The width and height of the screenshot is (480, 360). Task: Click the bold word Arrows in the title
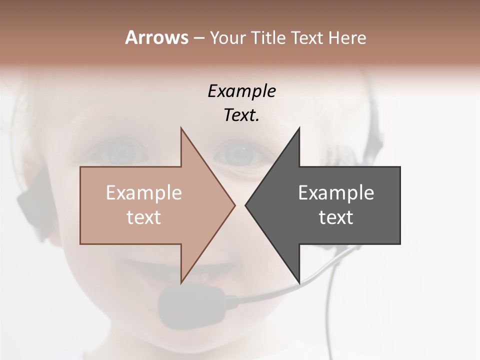point(156,37)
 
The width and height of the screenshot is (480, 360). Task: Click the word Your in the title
point(227,38)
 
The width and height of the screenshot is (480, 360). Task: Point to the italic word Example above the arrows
point(241,91)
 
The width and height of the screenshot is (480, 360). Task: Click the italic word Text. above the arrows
point(241,115)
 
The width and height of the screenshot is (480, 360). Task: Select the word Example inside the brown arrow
point(143,192)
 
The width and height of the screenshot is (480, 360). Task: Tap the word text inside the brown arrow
point(143,217)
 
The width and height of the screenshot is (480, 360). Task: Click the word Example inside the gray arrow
point(336,192)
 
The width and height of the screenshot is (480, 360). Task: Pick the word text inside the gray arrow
point(336,217)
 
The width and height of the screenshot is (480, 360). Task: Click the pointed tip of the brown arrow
point(234,205)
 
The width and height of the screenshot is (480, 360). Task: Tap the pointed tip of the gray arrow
point(246,205)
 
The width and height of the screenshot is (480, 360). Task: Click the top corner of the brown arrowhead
point(181,129)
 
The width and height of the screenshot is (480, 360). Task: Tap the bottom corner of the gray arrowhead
point(299,281)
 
